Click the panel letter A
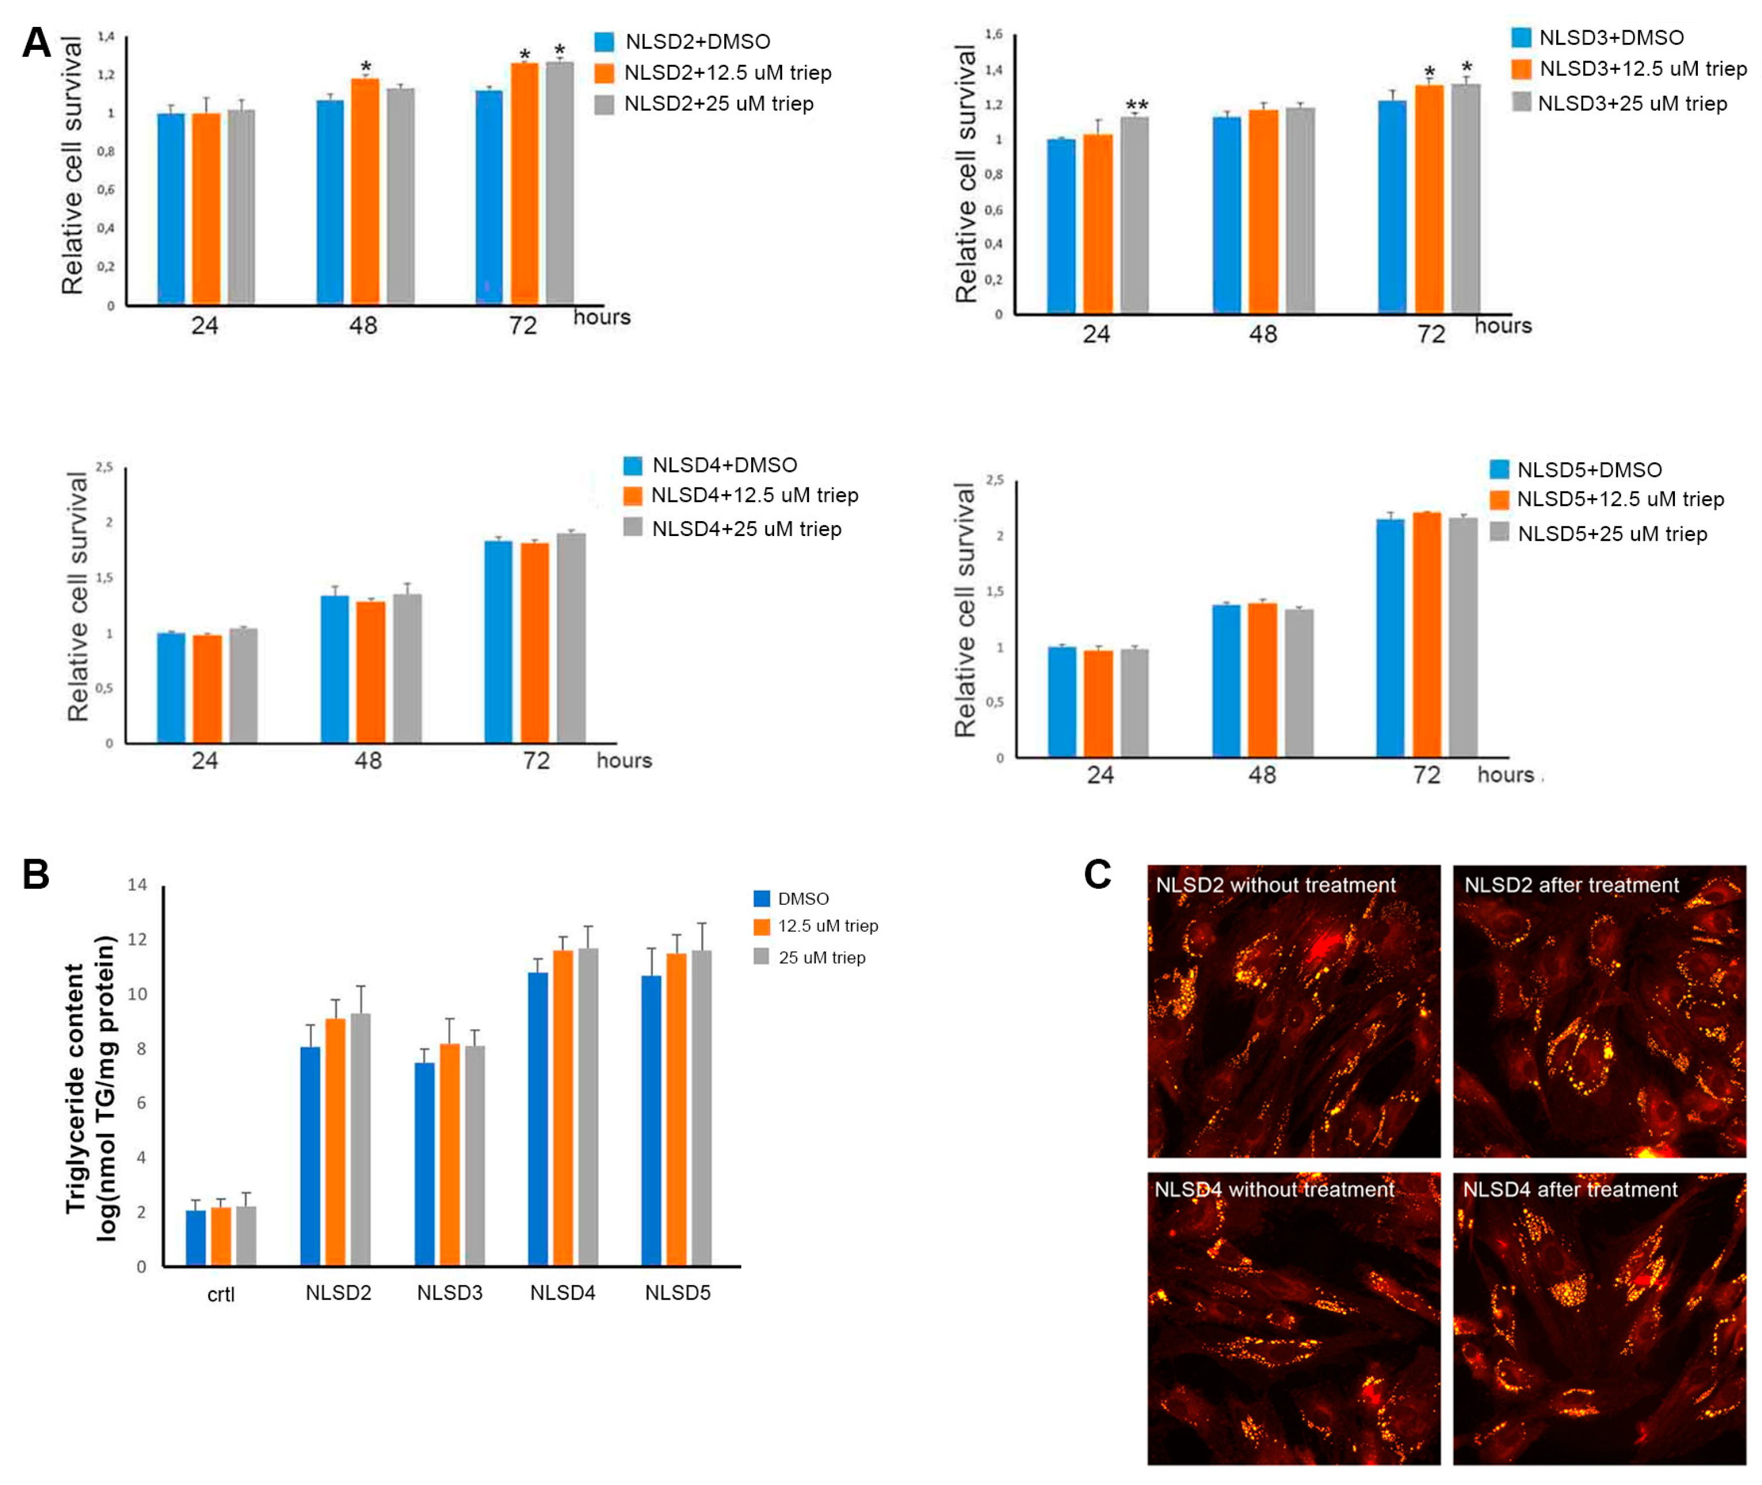[36, 42]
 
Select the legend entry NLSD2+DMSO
[697, 41]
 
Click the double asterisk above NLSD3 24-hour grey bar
[1136, 105]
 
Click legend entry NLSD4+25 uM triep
[745, 529]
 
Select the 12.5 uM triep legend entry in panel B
[827, 926]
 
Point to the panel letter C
[1097, 874]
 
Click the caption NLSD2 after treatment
[1571, 885]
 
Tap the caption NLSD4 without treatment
[1273, 1189]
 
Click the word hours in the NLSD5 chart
[1505, 774]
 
